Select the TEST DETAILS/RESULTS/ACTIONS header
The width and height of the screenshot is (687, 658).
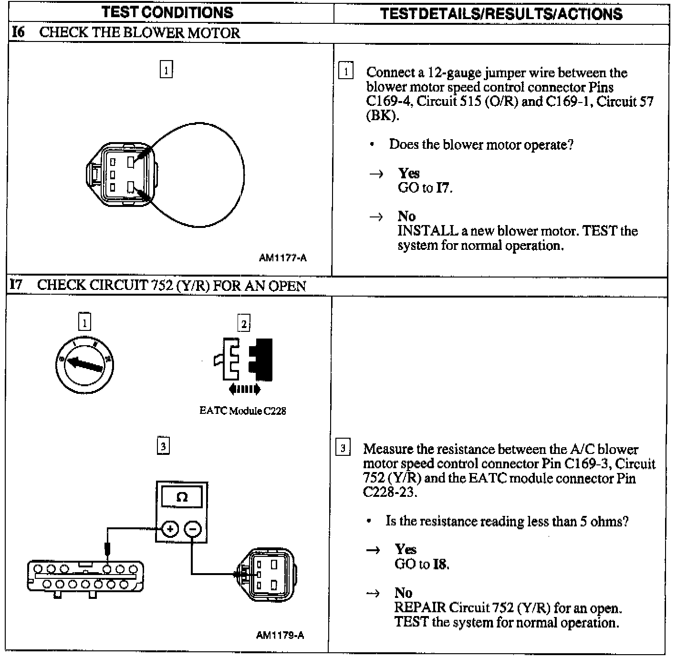pos(501,13)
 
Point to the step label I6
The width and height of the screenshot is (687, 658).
pos(18,32)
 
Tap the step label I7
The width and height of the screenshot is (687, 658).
pos(16,285)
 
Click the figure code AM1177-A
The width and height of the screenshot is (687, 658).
pos(282,258)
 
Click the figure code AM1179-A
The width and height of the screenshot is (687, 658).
pos(280,635)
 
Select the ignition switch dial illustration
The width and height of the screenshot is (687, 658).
pos(85,365)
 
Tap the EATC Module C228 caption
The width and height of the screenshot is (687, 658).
pos(242,411)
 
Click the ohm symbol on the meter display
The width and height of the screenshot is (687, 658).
pos(182,497)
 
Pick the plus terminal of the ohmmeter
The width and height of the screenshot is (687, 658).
pos(170,529)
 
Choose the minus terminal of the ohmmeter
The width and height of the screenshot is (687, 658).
pos(193,529)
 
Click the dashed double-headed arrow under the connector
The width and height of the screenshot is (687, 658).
pos(245,389)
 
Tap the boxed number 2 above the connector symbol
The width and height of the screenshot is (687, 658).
pos(244,324)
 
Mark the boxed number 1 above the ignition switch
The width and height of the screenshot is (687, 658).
pos(84,322)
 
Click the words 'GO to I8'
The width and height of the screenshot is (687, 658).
pos(422,564)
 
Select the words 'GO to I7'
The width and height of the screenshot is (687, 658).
pos(425,187)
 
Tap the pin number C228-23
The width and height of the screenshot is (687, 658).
pos(389,492)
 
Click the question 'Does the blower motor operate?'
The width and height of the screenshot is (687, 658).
pos(481,144)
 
